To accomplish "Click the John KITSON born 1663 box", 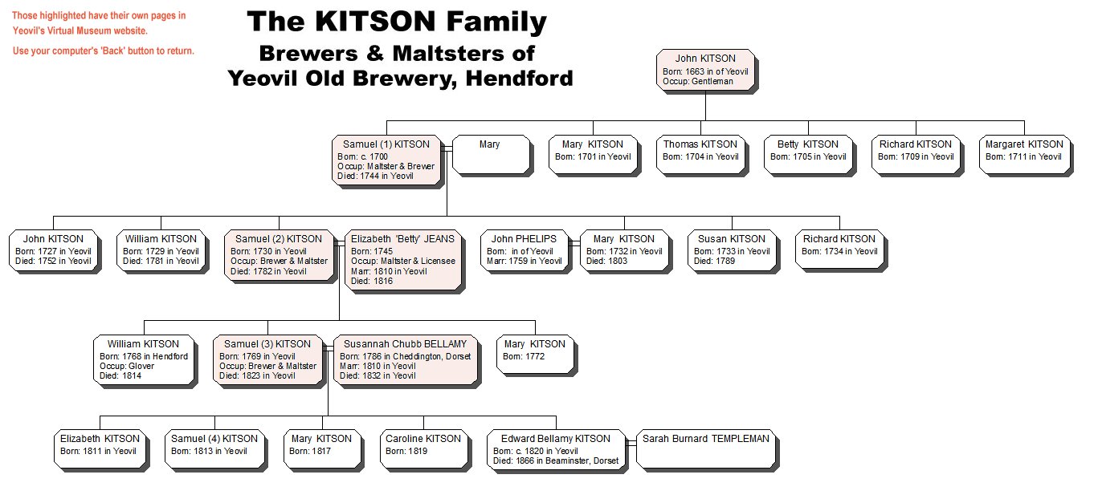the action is coord(706,70).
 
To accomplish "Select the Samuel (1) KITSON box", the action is coord(386,160).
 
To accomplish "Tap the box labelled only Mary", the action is coord(491,155).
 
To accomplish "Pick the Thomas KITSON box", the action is coord(700,155).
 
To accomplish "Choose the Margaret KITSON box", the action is coord(1024,155).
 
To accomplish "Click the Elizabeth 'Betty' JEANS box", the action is coord(403,261).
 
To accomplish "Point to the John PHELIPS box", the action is coord(524,250).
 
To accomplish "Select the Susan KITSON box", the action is coord(732,250).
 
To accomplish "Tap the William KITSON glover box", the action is coord(144,360).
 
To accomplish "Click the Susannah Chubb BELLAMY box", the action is coord(406,360).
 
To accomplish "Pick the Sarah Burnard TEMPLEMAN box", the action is coord(706,449).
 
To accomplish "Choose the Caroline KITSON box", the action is coord(423,449).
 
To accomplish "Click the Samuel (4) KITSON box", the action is coord(214,449).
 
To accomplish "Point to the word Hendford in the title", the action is coord(519,78).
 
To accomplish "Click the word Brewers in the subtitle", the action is coord(308,53).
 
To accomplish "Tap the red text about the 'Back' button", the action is coord(104,51).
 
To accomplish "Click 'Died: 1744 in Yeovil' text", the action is coord(375,176).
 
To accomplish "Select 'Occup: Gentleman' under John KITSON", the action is coord(698,82).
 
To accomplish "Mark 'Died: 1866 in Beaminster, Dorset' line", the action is coord(556,460).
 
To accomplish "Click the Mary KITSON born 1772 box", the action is coord(535,355).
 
